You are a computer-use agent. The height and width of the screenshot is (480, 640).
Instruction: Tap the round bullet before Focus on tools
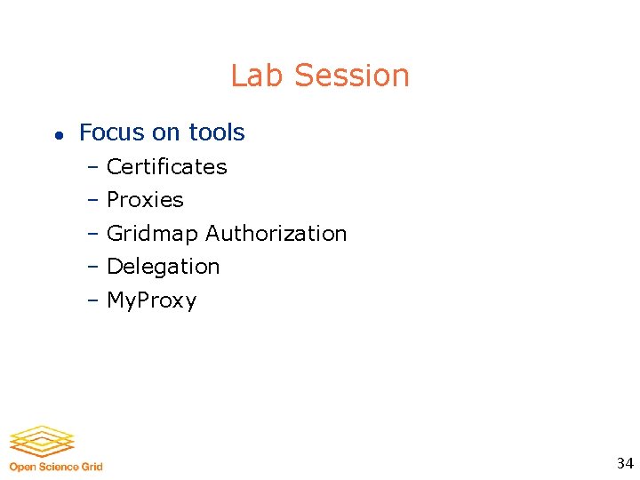tap(57, 135)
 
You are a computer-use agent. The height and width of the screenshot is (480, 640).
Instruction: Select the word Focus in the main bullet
tap(111, 132)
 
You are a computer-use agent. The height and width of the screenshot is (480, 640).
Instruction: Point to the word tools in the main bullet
tap(216, 132)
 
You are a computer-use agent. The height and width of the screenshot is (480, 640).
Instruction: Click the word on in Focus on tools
tap(165, 133)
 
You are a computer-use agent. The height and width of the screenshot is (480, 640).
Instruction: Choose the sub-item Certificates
tap(166, 167)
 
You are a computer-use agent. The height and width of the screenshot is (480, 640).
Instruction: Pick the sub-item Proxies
tap(145, 200)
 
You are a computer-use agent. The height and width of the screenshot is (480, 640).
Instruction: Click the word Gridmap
tap(152, 234)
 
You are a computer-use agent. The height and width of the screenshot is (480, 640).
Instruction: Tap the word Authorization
tap(276, 233)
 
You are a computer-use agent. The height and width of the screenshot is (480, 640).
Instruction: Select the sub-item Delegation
tap(163, 267)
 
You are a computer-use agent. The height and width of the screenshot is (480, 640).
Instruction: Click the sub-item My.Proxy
tap(151, 300)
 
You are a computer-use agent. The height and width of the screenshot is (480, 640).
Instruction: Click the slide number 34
tap(625, 463)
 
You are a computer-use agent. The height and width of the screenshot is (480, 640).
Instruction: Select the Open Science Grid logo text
tap(56, 467)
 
